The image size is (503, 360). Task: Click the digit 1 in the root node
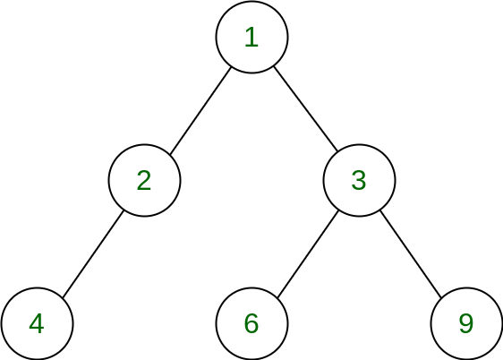pos(251,38)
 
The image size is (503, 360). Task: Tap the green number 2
pos(144,180)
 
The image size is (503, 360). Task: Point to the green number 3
pos(359,180)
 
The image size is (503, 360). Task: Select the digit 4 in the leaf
pos(37,323)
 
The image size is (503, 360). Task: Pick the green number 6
pos(251,323)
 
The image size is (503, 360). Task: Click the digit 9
pos(466,323)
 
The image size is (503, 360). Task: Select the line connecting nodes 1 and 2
pos(200,111)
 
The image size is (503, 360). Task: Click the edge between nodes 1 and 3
pos(306,108)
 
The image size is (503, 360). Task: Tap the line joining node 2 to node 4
pos(93,253)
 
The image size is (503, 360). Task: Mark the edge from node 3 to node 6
pos(308,253)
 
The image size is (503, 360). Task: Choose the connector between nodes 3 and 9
pos(411,253)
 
